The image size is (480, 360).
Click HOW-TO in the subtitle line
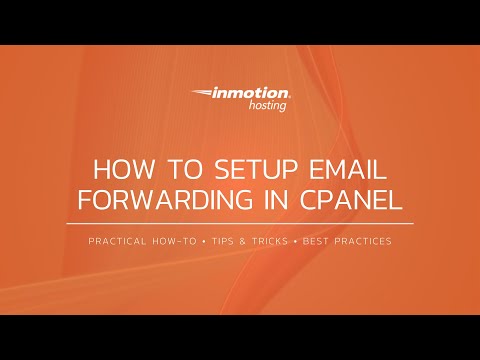(x=177, y=242)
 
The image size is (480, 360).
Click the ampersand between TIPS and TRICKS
(x=250, y=242)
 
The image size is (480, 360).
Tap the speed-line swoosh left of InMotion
(x=200, y=94)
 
